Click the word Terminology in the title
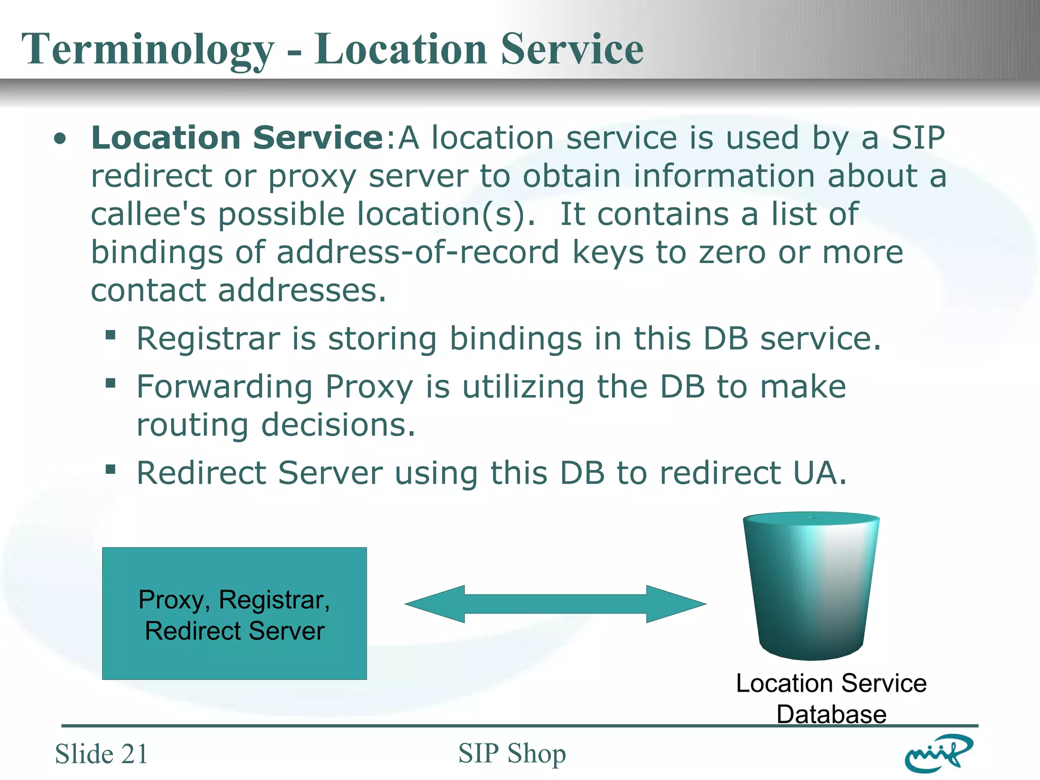(x=147, y=49)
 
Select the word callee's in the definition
(x=148, y=214)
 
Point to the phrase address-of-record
(x=417, y=252)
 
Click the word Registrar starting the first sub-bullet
(x=208, y=339)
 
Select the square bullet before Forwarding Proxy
(x=111, y=383)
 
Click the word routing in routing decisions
(x=192, y=425)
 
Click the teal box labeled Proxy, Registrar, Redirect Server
(x=234, y=613)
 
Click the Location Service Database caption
(x=831, y=698)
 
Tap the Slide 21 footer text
(x=101, y=754)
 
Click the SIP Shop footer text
(x=512, y=753)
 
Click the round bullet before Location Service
(x=60, y=139)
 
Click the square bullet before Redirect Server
(x=111, y=470)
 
